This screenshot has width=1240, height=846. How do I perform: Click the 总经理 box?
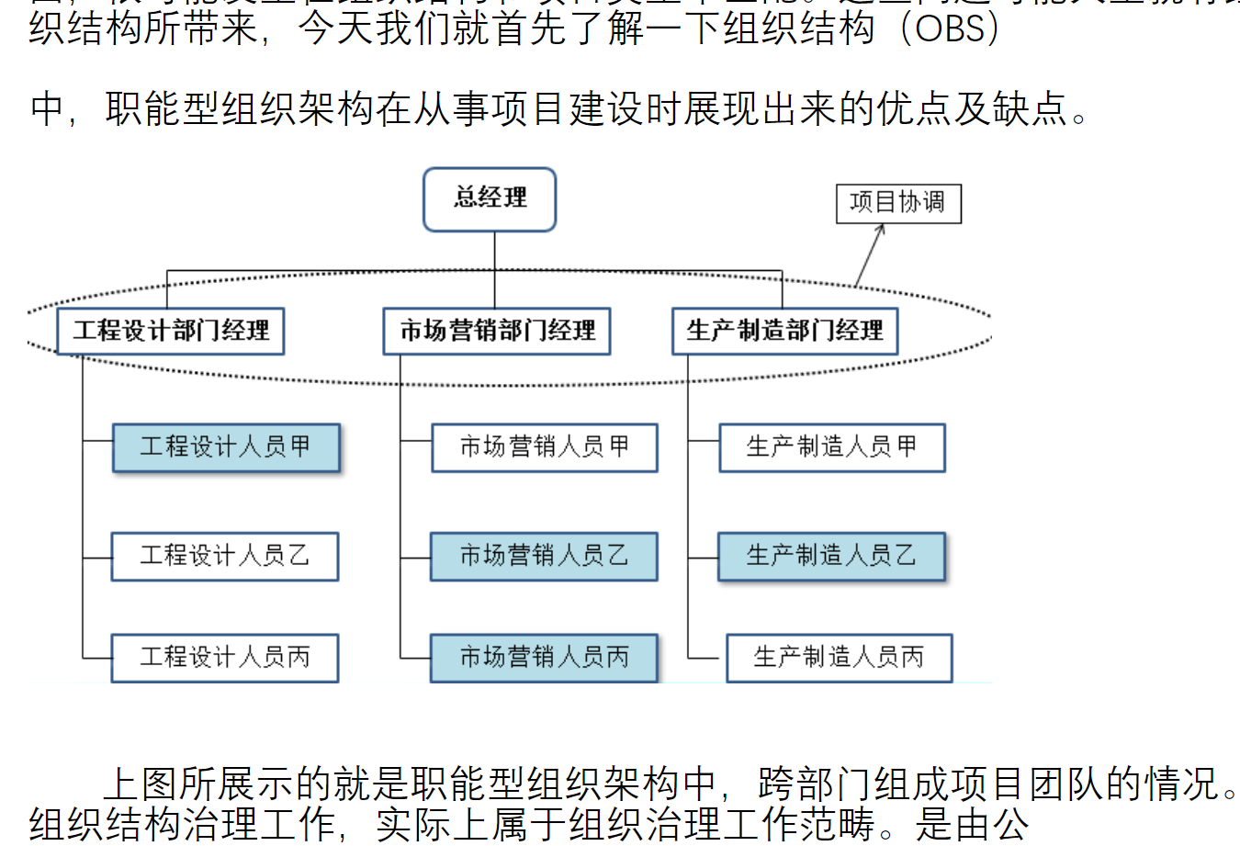pyautogui.click(x=490, y=198)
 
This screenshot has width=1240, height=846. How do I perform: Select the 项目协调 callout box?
pyautogui.click(x=897, y=203)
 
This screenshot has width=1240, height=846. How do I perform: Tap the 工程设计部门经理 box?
pyautogui.click(x=171, y=331)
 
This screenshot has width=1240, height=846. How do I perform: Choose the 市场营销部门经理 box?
pyautogui.click(x=497, y=331)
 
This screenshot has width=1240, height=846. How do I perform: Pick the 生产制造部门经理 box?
pyautogui.click(x=784, y=331)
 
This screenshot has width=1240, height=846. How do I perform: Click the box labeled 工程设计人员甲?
pyautogui.click(x=226, y=447)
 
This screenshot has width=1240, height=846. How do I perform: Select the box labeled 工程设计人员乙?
pyautogui.click(x=225, y=556)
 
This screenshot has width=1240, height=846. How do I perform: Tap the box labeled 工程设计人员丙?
pyautogui.click(x=225, y=657)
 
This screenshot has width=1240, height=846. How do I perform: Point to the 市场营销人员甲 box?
pyautogui.click(x=545, y=447)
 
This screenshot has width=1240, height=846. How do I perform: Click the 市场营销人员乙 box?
pyautogui.click(x=544, y=556)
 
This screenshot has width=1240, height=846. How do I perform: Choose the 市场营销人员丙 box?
pyautogui.click(x=544, y=657)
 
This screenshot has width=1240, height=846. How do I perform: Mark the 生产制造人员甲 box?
pyautogui.click(x=831, y=447)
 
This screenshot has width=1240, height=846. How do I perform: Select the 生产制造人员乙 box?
pyautogui.click(x=831, y=556)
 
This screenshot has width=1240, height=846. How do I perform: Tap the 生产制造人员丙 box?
pyautogui.click(x=839, y=657)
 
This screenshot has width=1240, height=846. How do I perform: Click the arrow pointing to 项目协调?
pyautogui.click(x=870, y=254)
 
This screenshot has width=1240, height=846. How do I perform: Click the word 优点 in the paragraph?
pyautogui.click(x=914, y=109)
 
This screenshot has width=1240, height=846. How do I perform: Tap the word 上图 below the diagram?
pyautogui.click(x=140, y=784)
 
